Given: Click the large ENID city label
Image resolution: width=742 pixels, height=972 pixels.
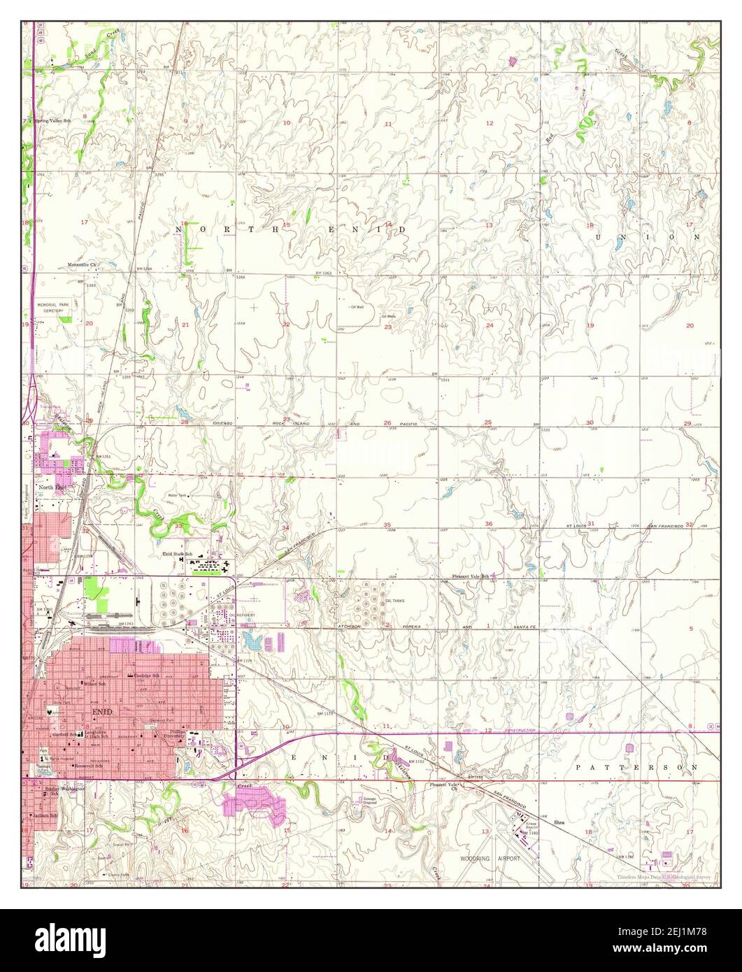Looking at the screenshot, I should pos(101,711).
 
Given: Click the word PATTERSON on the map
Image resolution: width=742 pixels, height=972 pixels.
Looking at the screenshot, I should pos(636,767).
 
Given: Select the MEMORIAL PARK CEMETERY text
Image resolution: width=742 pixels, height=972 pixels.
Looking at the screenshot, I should pos(54,308).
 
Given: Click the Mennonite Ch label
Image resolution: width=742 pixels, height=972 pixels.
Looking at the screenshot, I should pos(85,265).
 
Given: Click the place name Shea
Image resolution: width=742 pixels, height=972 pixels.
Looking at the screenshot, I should pos(558,822).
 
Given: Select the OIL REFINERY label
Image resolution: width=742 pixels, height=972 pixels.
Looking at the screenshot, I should pos(241,615).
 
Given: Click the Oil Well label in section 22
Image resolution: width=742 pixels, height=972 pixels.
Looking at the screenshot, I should pos(357,306).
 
